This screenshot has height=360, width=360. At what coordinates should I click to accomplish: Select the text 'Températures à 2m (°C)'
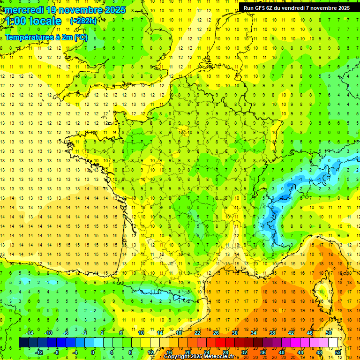click(46, 37)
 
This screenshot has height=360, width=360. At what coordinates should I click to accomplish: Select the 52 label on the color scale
click(338, 352)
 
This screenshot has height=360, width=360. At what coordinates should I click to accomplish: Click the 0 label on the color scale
click(93, 352)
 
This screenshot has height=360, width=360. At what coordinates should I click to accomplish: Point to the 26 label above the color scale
click(216, 333)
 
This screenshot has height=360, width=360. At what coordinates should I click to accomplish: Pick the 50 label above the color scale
click(328, 333)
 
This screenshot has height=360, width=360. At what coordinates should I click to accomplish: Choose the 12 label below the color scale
click(150, 352)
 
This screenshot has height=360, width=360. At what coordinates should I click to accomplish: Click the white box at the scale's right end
click(333, 343)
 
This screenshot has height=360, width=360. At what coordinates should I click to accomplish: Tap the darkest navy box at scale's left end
click(23, 343)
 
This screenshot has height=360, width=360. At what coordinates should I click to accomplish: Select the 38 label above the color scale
click(272, 333)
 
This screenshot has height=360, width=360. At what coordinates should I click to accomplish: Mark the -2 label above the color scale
click(84, 333)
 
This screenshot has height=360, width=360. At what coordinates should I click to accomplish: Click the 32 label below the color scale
click(244, 352)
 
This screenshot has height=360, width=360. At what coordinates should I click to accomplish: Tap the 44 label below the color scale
click(300, 352)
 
